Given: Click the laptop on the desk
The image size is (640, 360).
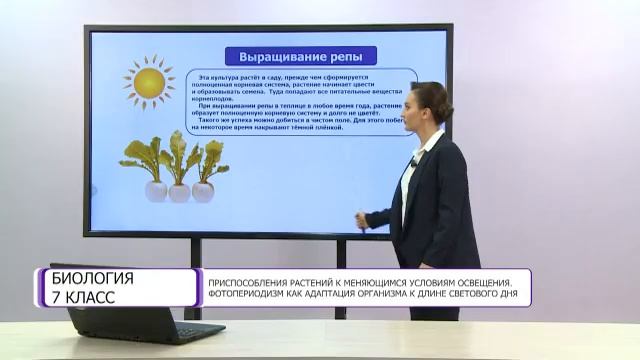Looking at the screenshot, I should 150,322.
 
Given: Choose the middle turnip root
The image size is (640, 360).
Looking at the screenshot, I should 180,191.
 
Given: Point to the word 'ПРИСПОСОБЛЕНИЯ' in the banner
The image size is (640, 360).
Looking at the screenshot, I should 248,279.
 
